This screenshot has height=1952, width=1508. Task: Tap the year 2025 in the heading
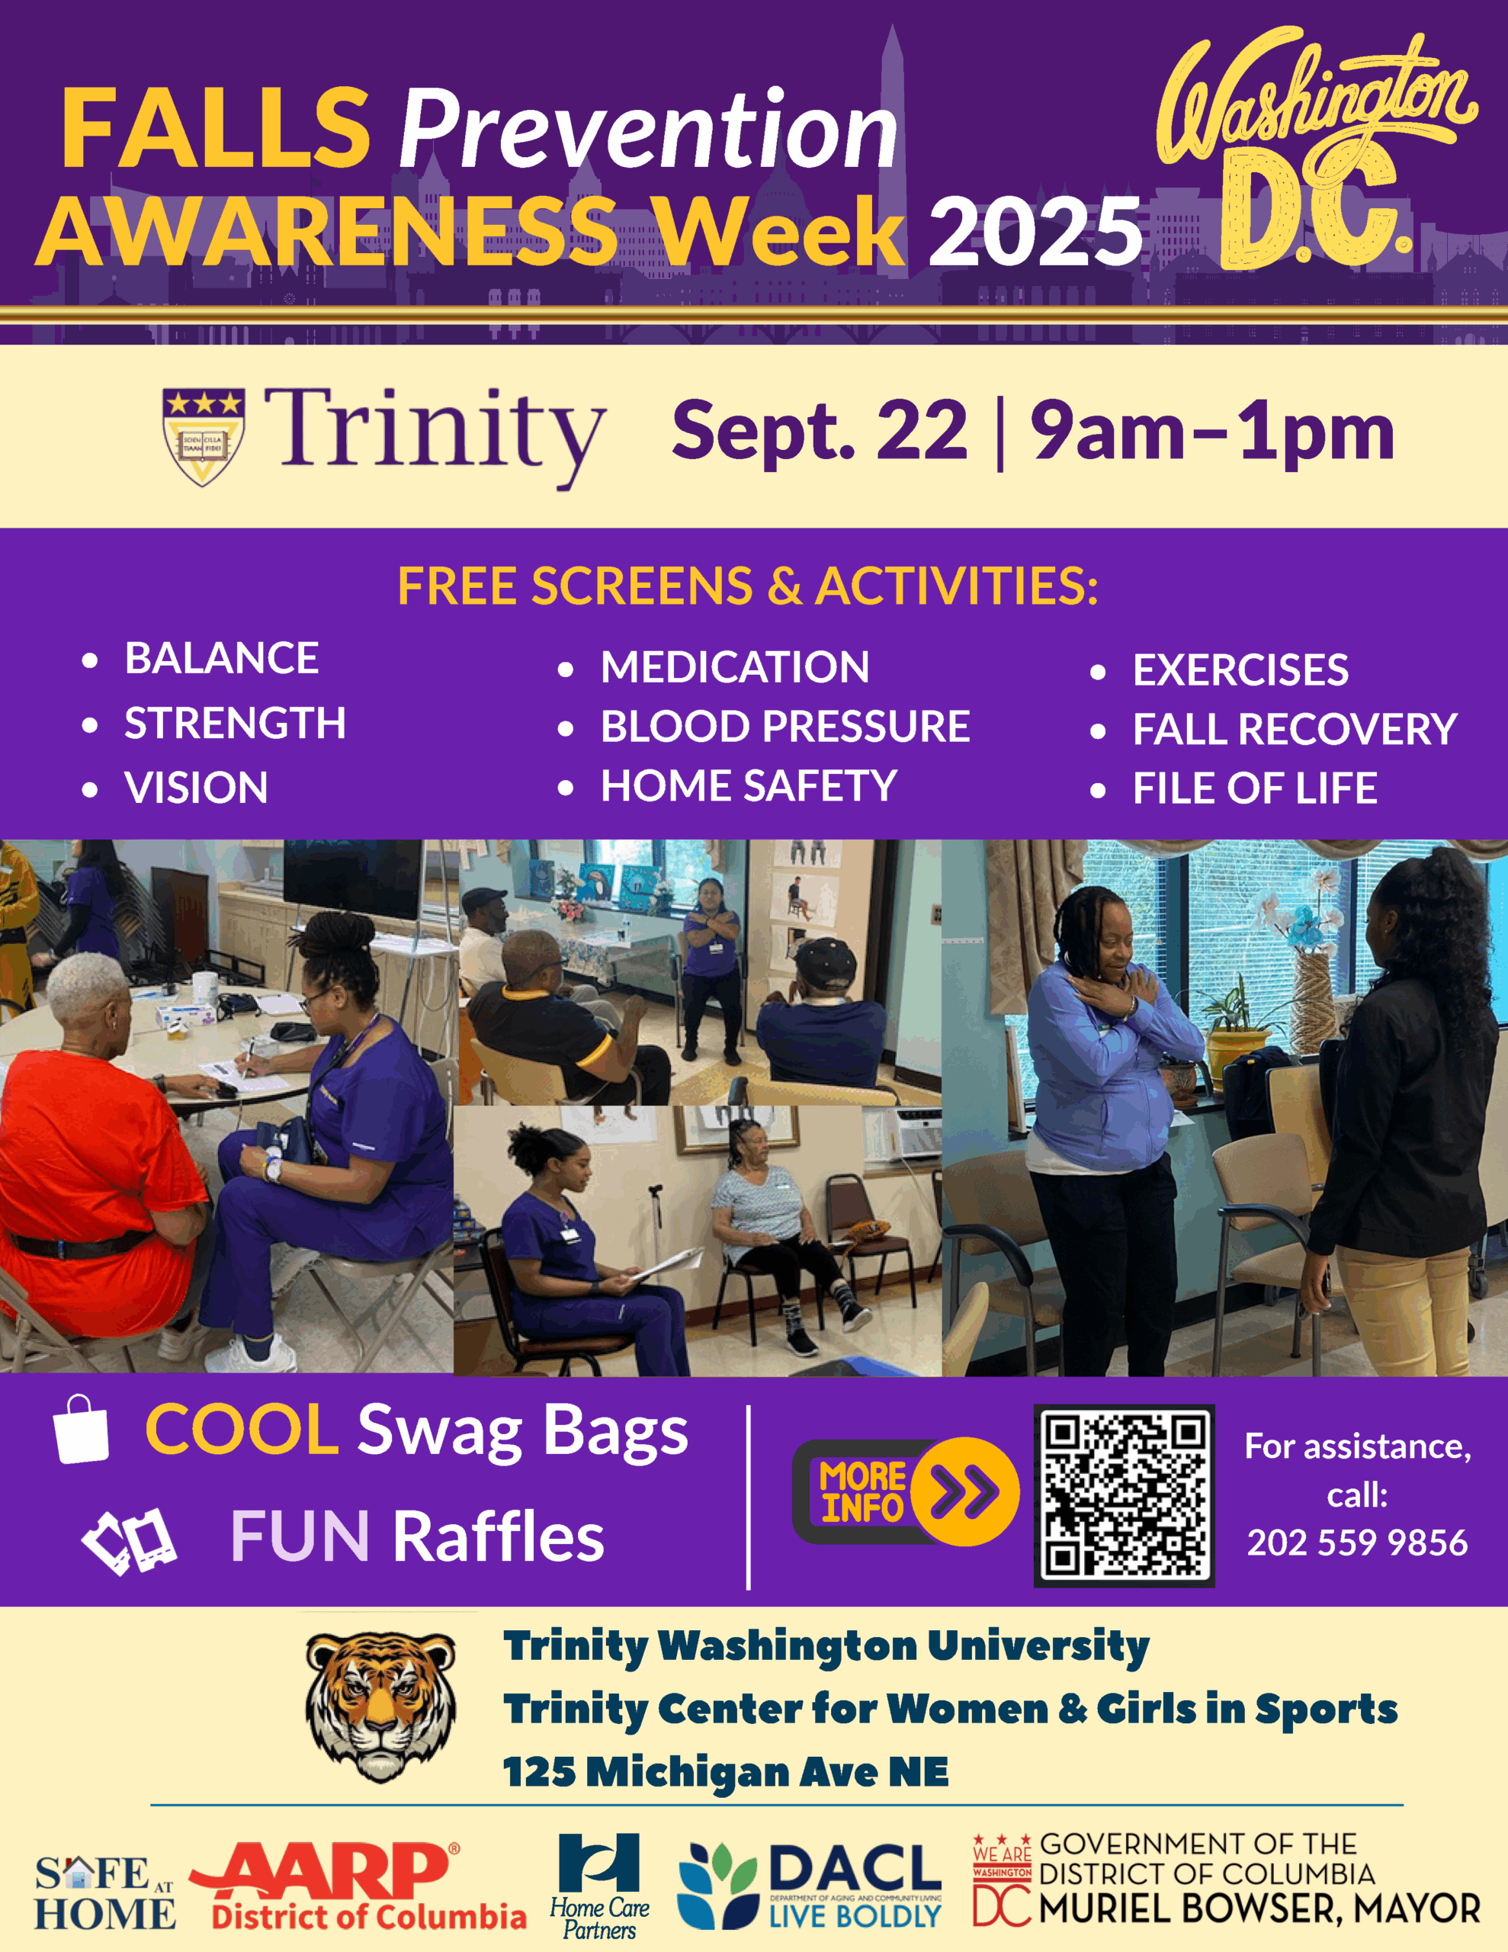1036,230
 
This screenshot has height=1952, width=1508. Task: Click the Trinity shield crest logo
204,436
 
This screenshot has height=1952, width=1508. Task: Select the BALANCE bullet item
222,658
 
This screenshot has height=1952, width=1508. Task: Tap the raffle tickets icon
129,1541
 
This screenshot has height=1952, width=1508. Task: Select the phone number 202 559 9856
1357,1543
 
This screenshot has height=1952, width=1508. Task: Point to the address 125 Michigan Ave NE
726,1771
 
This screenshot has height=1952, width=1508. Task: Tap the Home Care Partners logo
599,1885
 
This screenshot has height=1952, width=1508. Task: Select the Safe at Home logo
105,1892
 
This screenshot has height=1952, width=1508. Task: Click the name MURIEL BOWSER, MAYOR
1259,1909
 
